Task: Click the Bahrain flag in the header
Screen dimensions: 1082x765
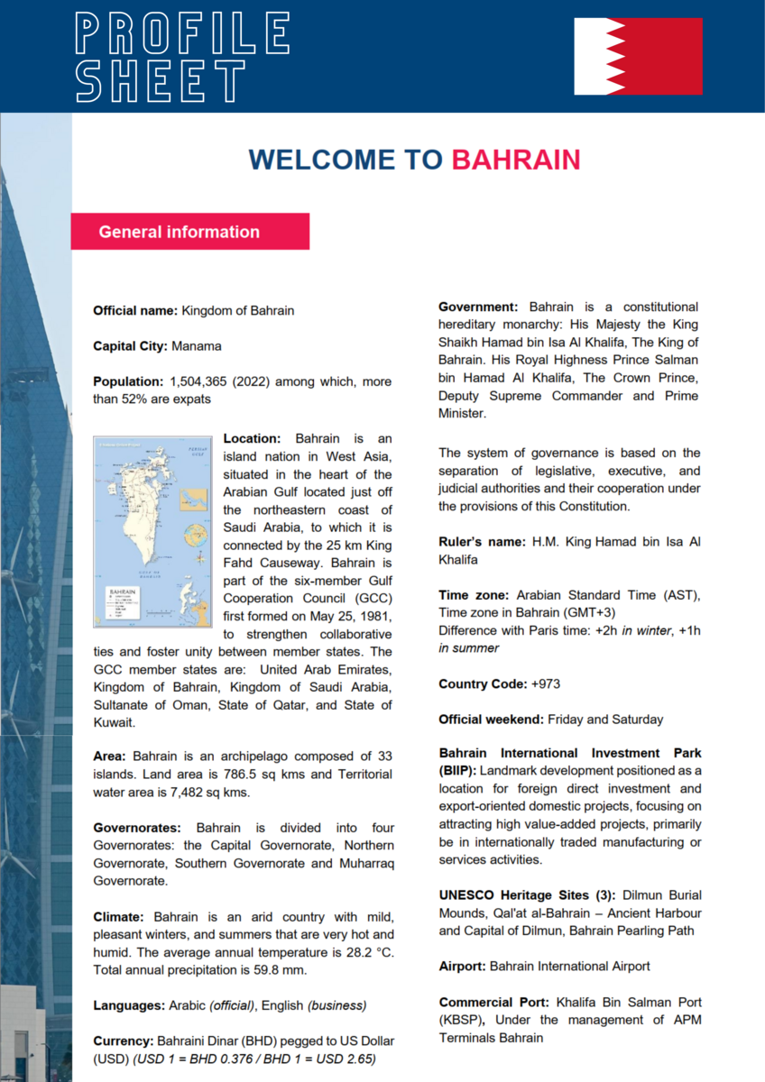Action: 638,56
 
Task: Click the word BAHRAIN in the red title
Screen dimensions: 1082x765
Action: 515,160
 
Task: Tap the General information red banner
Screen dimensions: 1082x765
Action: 189,232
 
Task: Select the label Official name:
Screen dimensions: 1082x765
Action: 135,311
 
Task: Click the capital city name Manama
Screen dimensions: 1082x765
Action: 196,346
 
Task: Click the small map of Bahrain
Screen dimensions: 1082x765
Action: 154,530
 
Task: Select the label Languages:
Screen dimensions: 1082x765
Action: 129,1005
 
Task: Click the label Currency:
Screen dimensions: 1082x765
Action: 124,1041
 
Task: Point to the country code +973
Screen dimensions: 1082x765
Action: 545,684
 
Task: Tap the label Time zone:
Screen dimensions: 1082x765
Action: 475,596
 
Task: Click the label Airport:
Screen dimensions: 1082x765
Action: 463,967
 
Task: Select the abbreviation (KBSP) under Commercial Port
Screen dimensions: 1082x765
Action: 459,1020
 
